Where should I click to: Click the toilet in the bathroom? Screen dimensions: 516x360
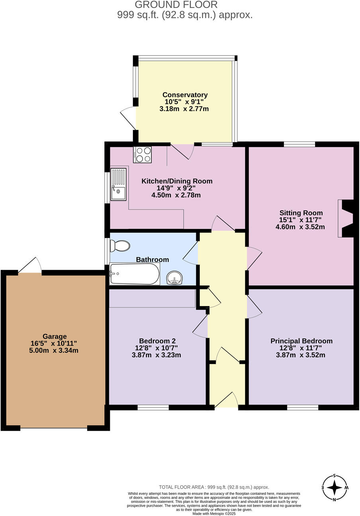pos(120,246)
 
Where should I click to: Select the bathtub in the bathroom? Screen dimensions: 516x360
pos(135,274)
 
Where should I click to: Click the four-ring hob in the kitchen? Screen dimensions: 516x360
pos(143,154)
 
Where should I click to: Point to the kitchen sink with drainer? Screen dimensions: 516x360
pos(118,184)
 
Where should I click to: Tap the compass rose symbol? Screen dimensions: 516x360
pos(335,487)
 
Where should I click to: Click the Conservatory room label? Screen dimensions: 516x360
pos(185,95)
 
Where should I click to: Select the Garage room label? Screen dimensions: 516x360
pos(55,336)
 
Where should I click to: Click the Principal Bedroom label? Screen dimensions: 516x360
pos(301,341)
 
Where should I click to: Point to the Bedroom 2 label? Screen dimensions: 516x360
pos(157,341)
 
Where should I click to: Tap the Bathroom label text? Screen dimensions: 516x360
pos(153,260)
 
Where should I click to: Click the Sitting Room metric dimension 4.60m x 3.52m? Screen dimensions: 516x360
pos(300,227)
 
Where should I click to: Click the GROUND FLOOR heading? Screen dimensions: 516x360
pos(176,5)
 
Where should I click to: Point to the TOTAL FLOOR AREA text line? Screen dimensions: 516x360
pos(214,487)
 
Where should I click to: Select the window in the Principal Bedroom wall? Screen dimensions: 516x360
pos(303,407)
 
